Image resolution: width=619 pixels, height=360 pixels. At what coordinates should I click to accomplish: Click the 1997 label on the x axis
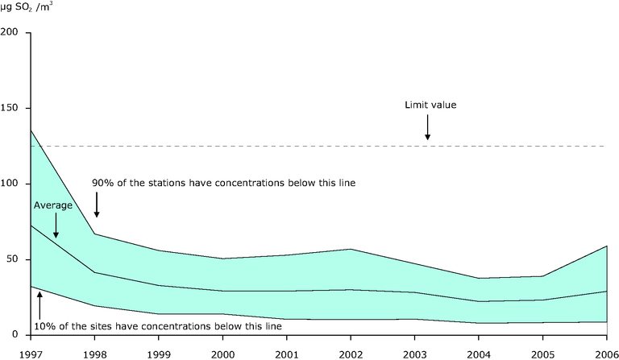pyautogui.click(x=30, y=352)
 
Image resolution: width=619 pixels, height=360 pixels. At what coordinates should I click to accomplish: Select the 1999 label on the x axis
pyautogui.click(x=158, y=352)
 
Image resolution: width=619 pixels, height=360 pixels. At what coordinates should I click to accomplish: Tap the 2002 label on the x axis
pyautogui.click(x=350, y=352)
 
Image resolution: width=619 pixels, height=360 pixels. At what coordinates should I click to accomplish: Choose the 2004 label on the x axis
pyautogui.click(x=478, y=352)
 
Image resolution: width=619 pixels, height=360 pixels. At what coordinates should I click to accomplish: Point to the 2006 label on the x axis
pyautogui.click(x=605, y=352)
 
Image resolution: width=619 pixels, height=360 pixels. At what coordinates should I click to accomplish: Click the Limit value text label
pyautogui.click(x=431, y=106)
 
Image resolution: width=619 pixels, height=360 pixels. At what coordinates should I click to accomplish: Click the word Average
pyautogui.click(x=53, y=205)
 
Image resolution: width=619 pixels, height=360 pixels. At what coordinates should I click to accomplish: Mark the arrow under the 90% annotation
pyautogui.click(x=97, y=207)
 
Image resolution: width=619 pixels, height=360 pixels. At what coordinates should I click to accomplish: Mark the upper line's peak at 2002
pyautogui.click(x=350, y=249)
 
